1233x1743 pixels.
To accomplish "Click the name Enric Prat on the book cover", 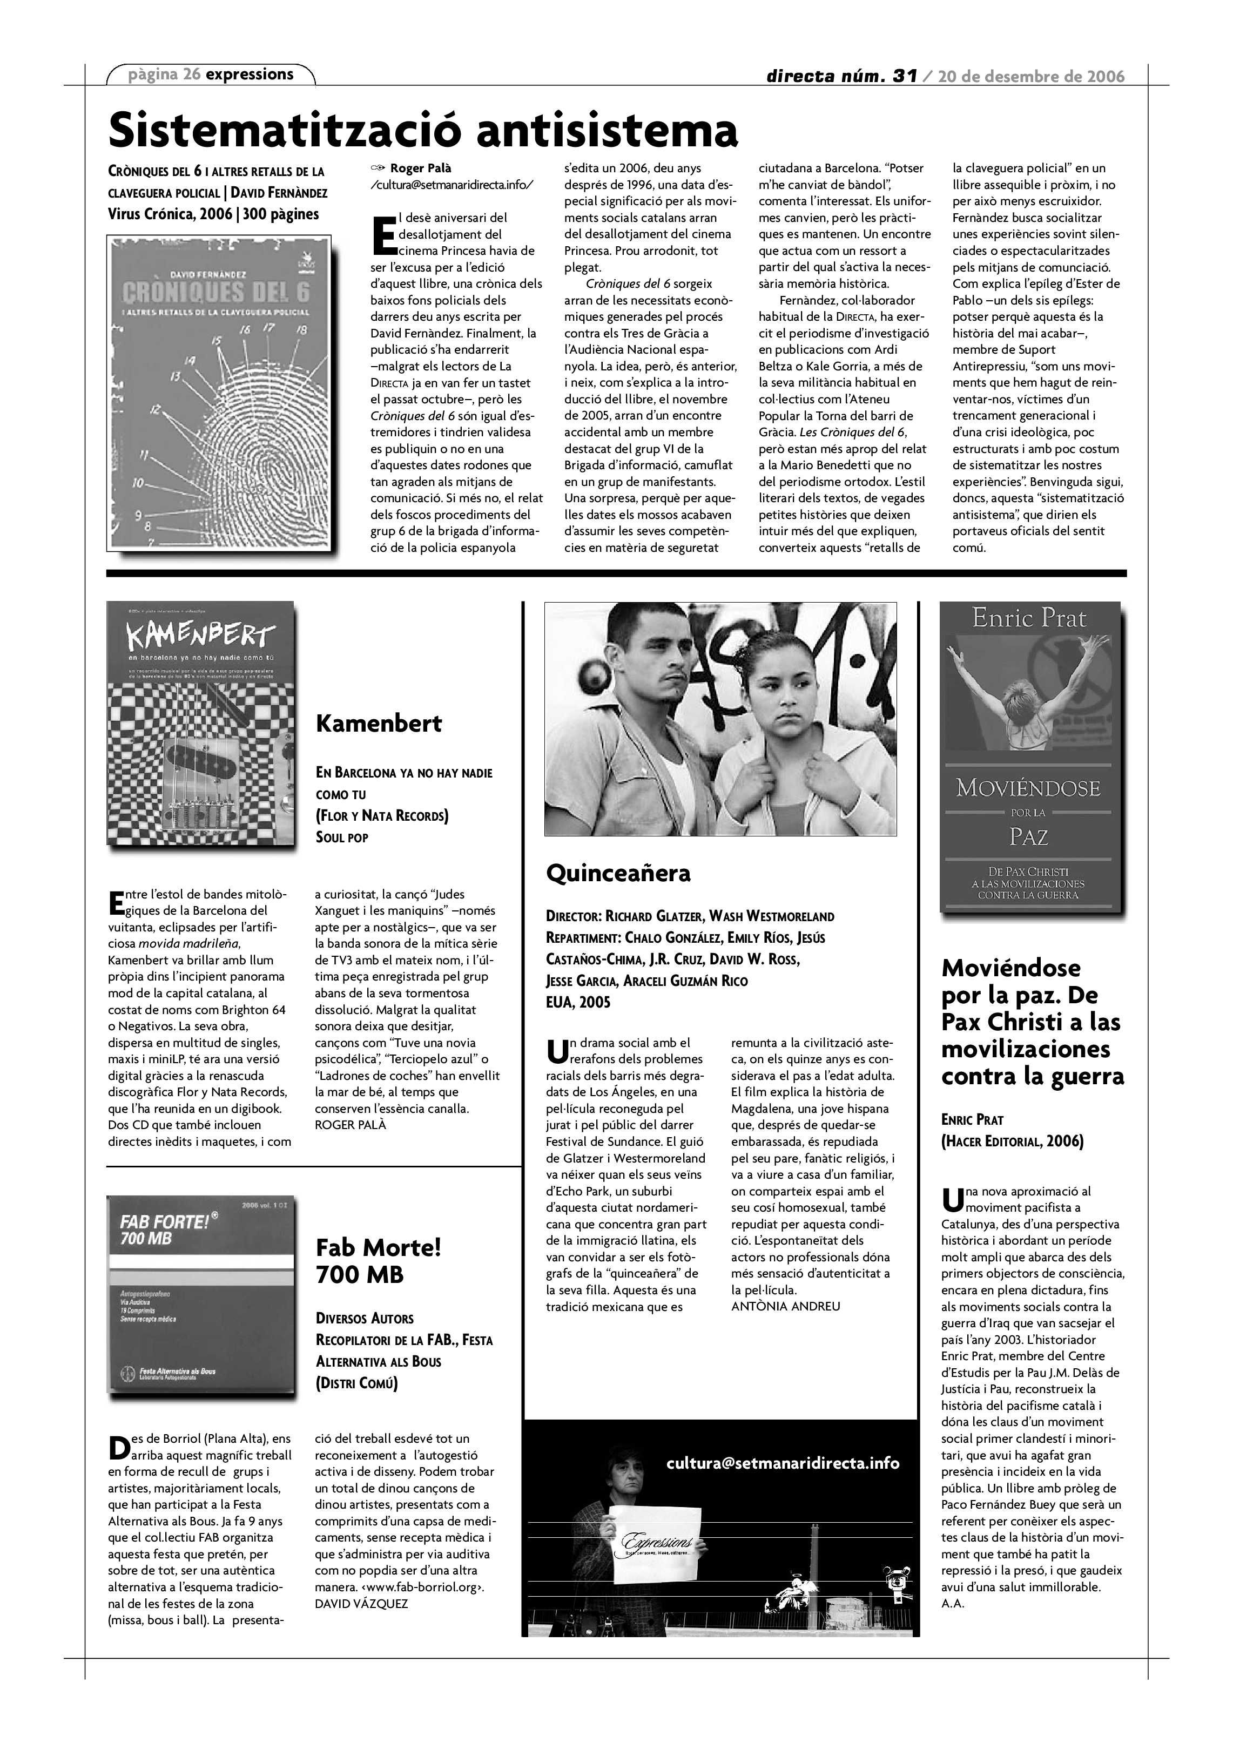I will click(x=1029, y=619).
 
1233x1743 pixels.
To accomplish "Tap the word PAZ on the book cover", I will click(x=1029, y=836).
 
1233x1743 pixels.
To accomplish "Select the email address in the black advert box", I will click(x=782, y=1463).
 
